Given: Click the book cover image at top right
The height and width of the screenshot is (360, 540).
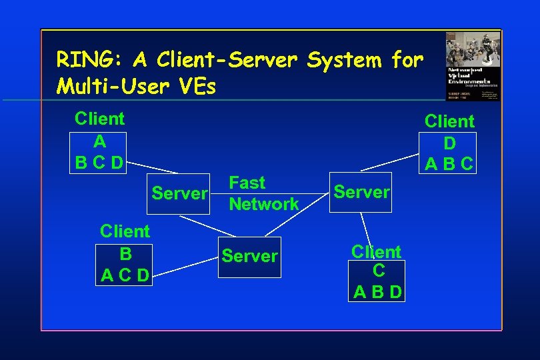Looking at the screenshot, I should (x=473, y=65).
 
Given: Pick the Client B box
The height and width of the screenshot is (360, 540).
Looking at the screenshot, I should (x=125, y=263).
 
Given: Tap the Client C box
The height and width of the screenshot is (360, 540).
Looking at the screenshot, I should (x=377, y=281).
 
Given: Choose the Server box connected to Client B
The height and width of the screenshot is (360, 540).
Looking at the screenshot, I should (x=250, y=257).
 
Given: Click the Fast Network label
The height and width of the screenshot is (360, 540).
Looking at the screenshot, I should (x=263, y=193).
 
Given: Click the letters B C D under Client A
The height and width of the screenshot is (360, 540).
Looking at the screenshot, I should (x=99, y=163).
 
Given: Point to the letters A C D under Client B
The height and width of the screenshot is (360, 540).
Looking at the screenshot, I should (x=125, y=275).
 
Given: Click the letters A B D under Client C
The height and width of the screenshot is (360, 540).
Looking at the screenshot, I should (x=377, y=292).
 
